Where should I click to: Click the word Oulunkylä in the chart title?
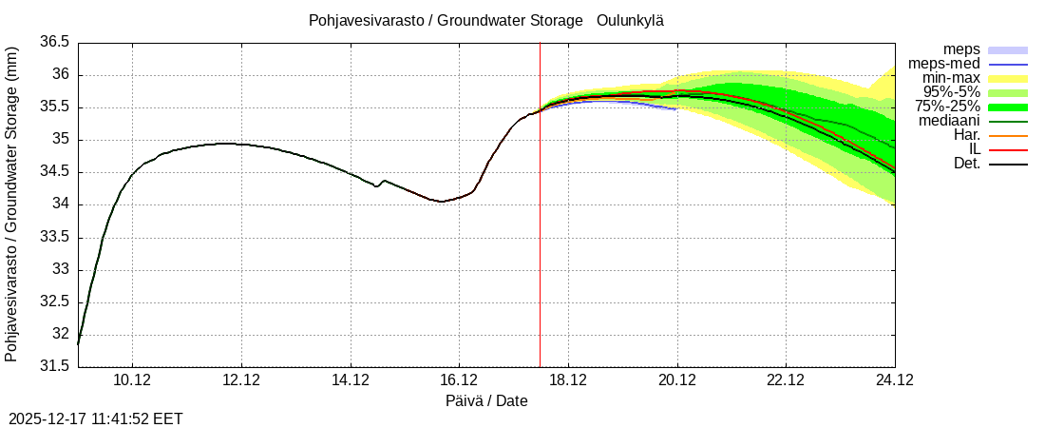point(630,21)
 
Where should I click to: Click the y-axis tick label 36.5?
point(54,43)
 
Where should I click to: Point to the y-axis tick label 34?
point(60,204)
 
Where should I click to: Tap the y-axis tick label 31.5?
point(54,366)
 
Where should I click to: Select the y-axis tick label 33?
point(60,269)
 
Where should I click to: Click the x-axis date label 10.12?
point(133,380)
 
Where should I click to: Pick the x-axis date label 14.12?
point(351,380)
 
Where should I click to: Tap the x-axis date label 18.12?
point(568,380)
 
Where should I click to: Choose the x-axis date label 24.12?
point(894,380)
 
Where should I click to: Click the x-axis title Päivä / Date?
point(486,401)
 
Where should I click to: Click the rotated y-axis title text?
point(11,204)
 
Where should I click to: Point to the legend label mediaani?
point(948,121)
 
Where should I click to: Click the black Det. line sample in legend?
point(1008,165)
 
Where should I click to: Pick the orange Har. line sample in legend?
point(1008,136)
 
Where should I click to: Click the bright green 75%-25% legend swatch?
point(1008,107)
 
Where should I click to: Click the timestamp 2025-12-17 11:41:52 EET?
point(95,418)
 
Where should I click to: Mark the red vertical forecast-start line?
point(540,238)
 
